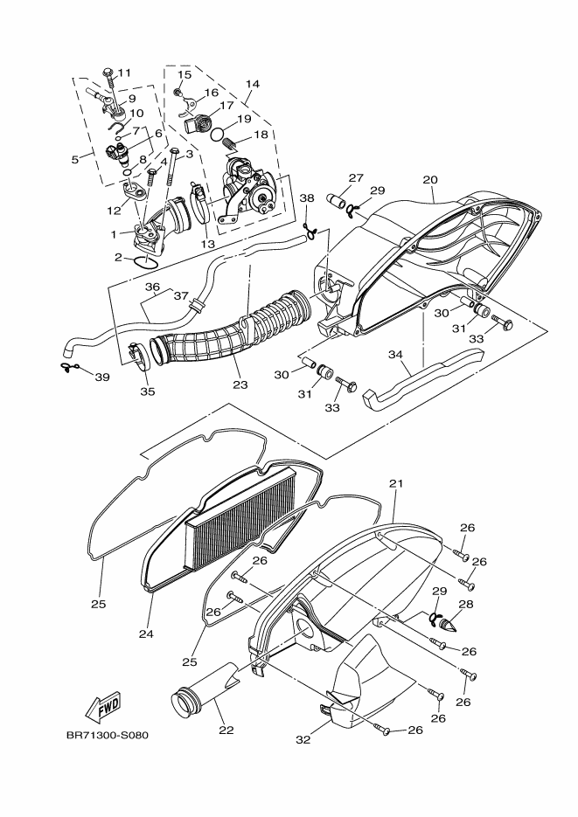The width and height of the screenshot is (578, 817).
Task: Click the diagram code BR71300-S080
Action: tap(107, 734)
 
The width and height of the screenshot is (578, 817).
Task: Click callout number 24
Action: tap(146, 634)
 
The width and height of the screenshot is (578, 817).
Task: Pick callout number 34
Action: tap(395, 355)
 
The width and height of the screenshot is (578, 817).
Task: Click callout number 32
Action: tap(303, 739)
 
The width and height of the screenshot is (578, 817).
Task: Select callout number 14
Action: tap(253, 85)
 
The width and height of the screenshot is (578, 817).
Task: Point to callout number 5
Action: tap(76, 159)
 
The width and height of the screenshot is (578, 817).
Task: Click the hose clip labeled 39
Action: tap(69, 367)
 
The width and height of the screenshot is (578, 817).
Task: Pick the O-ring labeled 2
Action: tap(146, 260)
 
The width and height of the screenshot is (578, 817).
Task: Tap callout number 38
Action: tap(306, 198)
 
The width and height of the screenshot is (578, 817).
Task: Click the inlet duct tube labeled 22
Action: tap(201, 695)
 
